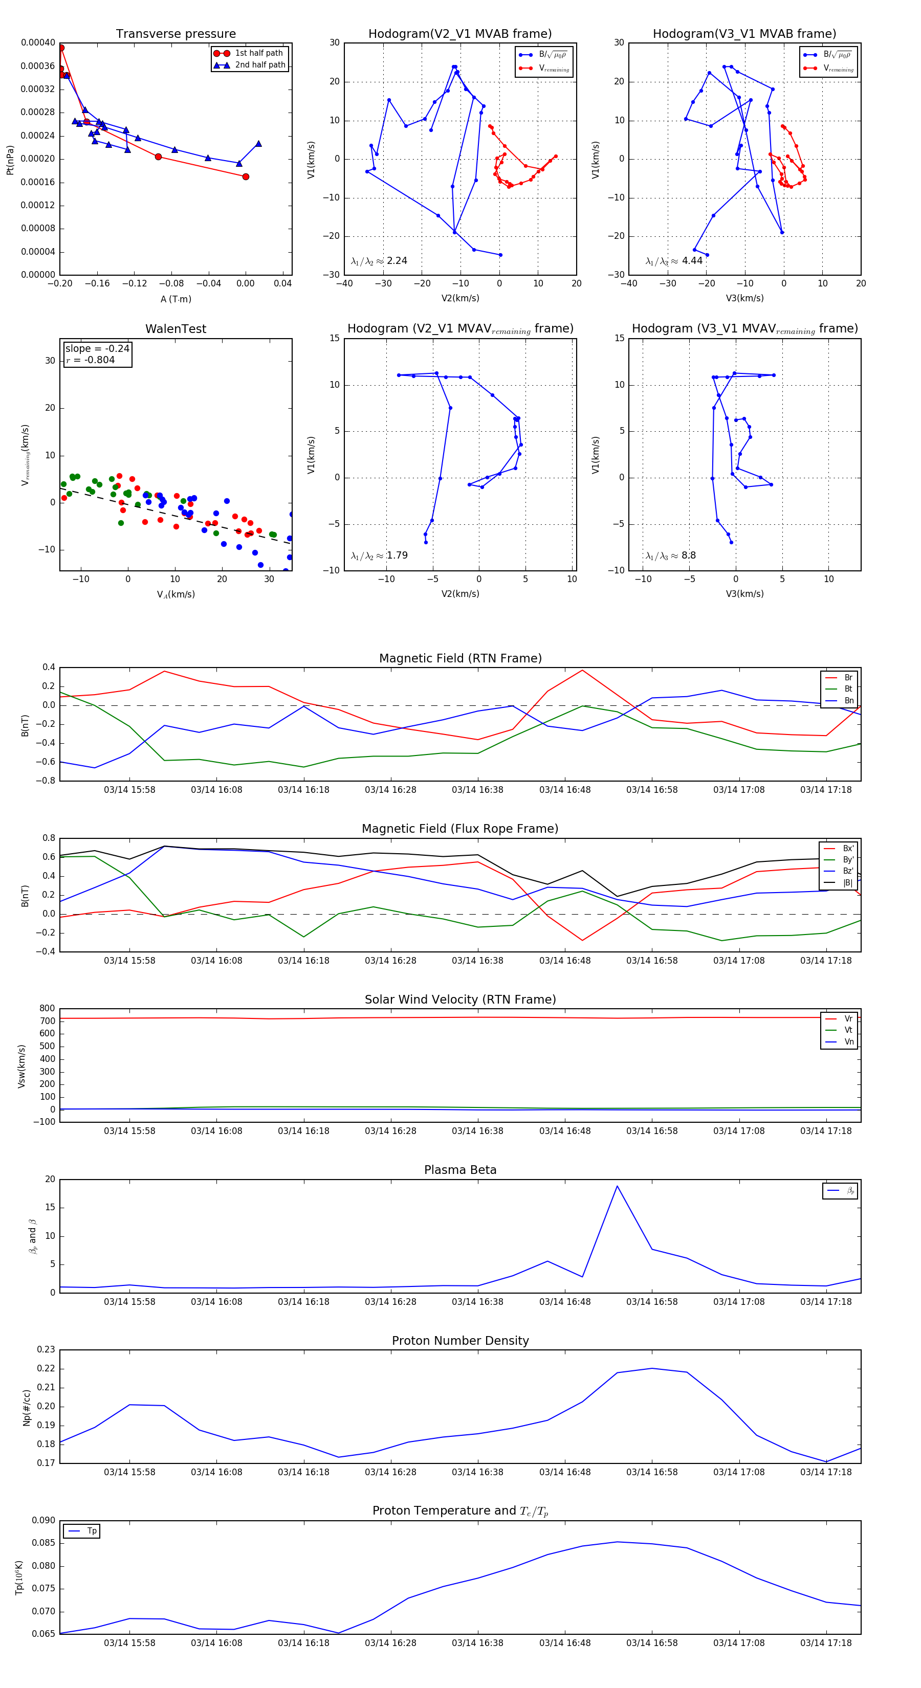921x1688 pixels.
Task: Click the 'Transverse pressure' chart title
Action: pyautogui.click(x=176, y=34)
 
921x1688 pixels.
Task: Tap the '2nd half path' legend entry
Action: pyautogui.click(x=259, y=65)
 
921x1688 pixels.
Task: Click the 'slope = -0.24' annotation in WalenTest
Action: pyautogui.click(x=97, y=349)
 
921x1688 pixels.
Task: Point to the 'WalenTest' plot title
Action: pyautogui.click(x=176, y=329)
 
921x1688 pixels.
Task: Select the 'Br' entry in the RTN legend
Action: pyautogui.click(x=848, y=678)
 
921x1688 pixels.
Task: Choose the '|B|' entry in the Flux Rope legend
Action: pyautogui.click(x=848, y=883)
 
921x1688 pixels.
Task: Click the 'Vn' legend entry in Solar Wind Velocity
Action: pyautogui.click(x=848, y=1042)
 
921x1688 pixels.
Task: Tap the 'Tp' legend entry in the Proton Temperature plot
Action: pyautogui.click(x=91, y=1531)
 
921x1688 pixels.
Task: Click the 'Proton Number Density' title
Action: pyautogui.click(x=460, y=1341)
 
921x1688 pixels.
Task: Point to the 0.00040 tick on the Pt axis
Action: pyautogui.click(x=38, y=42)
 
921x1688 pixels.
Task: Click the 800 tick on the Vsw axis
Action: pyautogui.click(x=47, y=1009)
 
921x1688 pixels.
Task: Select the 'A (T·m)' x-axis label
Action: pyautogui.click(x=176, y=299)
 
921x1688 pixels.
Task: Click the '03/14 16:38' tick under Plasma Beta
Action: pyautogui.click(x=477, y=1301)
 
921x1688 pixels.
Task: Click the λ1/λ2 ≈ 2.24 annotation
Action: pyautogui.click(x=379, y=261)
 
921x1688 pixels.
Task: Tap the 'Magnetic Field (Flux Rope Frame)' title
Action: pyautogui.click(x=460, y=829)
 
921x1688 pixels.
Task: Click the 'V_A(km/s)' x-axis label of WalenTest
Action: pyautogui.click(x=176, y=594)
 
